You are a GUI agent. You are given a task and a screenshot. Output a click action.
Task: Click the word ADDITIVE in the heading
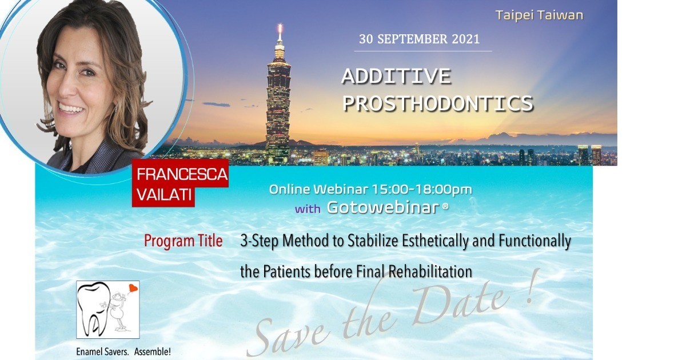point(396,77)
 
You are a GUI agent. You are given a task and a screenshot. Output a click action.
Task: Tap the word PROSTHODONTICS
point(438,103)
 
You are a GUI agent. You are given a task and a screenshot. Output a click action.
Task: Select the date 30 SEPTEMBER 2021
point(419,39)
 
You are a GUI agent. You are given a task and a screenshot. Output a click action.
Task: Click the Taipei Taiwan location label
point(539,15)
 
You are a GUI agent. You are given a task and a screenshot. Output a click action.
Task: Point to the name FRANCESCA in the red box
point(182,174)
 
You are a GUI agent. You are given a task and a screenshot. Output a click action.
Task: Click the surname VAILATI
point(165,195)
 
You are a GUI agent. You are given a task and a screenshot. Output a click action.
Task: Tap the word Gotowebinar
point(384,207)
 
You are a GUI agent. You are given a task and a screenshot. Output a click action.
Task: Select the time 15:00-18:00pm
point(422,190)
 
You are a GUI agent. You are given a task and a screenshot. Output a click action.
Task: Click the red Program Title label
point(183,241)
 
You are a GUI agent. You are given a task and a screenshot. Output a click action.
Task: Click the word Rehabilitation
point(430,271)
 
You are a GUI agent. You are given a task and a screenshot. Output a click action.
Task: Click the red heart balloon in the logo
point(133,289)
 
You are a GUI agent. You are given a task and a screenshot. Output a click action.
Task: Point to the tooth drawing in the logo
point(93,307)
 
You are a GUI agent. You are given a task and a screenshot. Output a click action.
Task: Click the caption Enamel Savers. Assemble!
point(123,352)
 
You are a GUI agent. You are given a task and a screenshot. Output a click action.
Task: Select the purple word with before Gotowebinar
point(308,209)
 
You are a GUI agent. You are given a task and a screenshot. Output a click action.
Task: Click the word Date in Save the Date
point(460,306)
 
